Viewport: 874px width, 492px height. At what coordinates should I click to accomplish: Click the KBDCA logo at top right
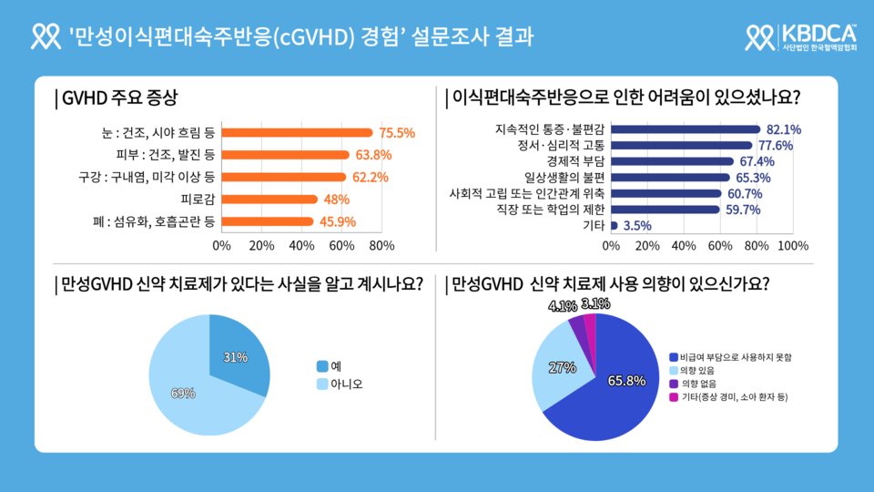click(x=800, y=36)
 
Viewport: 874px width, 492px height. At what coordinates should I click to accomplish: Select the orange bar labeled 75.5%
click(x=297, y=133)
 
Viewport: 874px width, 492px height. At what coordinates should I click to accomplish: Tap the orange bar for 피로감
click(x=269, y=200)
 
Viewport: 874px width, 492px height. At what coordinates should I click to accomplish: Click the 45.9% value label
click(x=337, y=221)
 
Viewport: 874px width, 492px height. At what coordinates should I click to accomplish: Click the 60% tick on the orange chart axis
click(x=341, y=246)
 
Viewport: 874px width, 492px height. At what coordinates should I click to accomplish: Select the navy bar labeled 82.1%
click(x=686, y=129)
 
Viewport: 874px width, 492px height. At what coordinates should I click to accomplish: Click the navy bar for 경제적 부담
click(x=672, y=161)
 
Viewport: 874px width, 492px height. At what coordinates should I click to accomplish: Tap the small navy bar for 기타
click(x=615, y=225)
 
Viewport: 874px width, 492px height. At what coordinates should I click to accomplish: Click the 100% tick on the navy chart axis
click(x=793, y=246)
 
